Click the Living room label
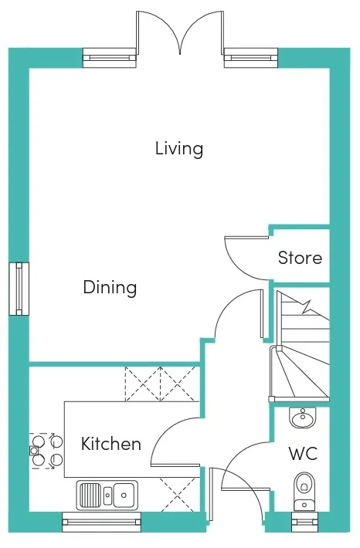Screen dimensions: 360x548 coord(179,149)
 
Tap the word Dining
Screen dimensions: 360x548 coord(110,288)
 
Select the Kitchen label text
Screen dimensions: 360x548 coord(111,444)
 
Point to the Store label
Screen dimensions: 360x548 coord(300,258)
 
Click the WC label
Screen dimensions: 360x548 coord(303,454)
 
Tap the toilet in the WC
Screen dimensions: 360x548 coord(304,492)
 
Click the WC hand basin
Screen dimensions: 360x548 coord(303,418)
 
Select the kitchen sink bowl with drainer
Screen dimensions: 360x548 coord(107,495)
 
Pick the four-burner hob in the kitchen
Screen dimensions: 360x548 coord(46,451)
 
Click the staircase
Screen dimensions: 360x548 coord(301,346)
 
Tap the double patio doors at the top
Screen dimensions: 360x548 coord(180,33)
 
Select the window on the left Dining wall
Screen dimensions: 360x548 coord(19,289)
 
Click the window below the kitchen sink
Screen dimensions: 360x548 coord(101,522)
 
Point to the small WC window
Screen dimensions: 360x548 coord(304,522)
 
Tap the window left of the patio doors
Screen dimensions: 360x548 coord(110,58)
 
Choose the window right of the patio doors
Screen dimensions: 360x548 coord(251,58)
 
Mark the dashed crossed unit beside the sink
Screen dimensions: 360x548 coord(178,494)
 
